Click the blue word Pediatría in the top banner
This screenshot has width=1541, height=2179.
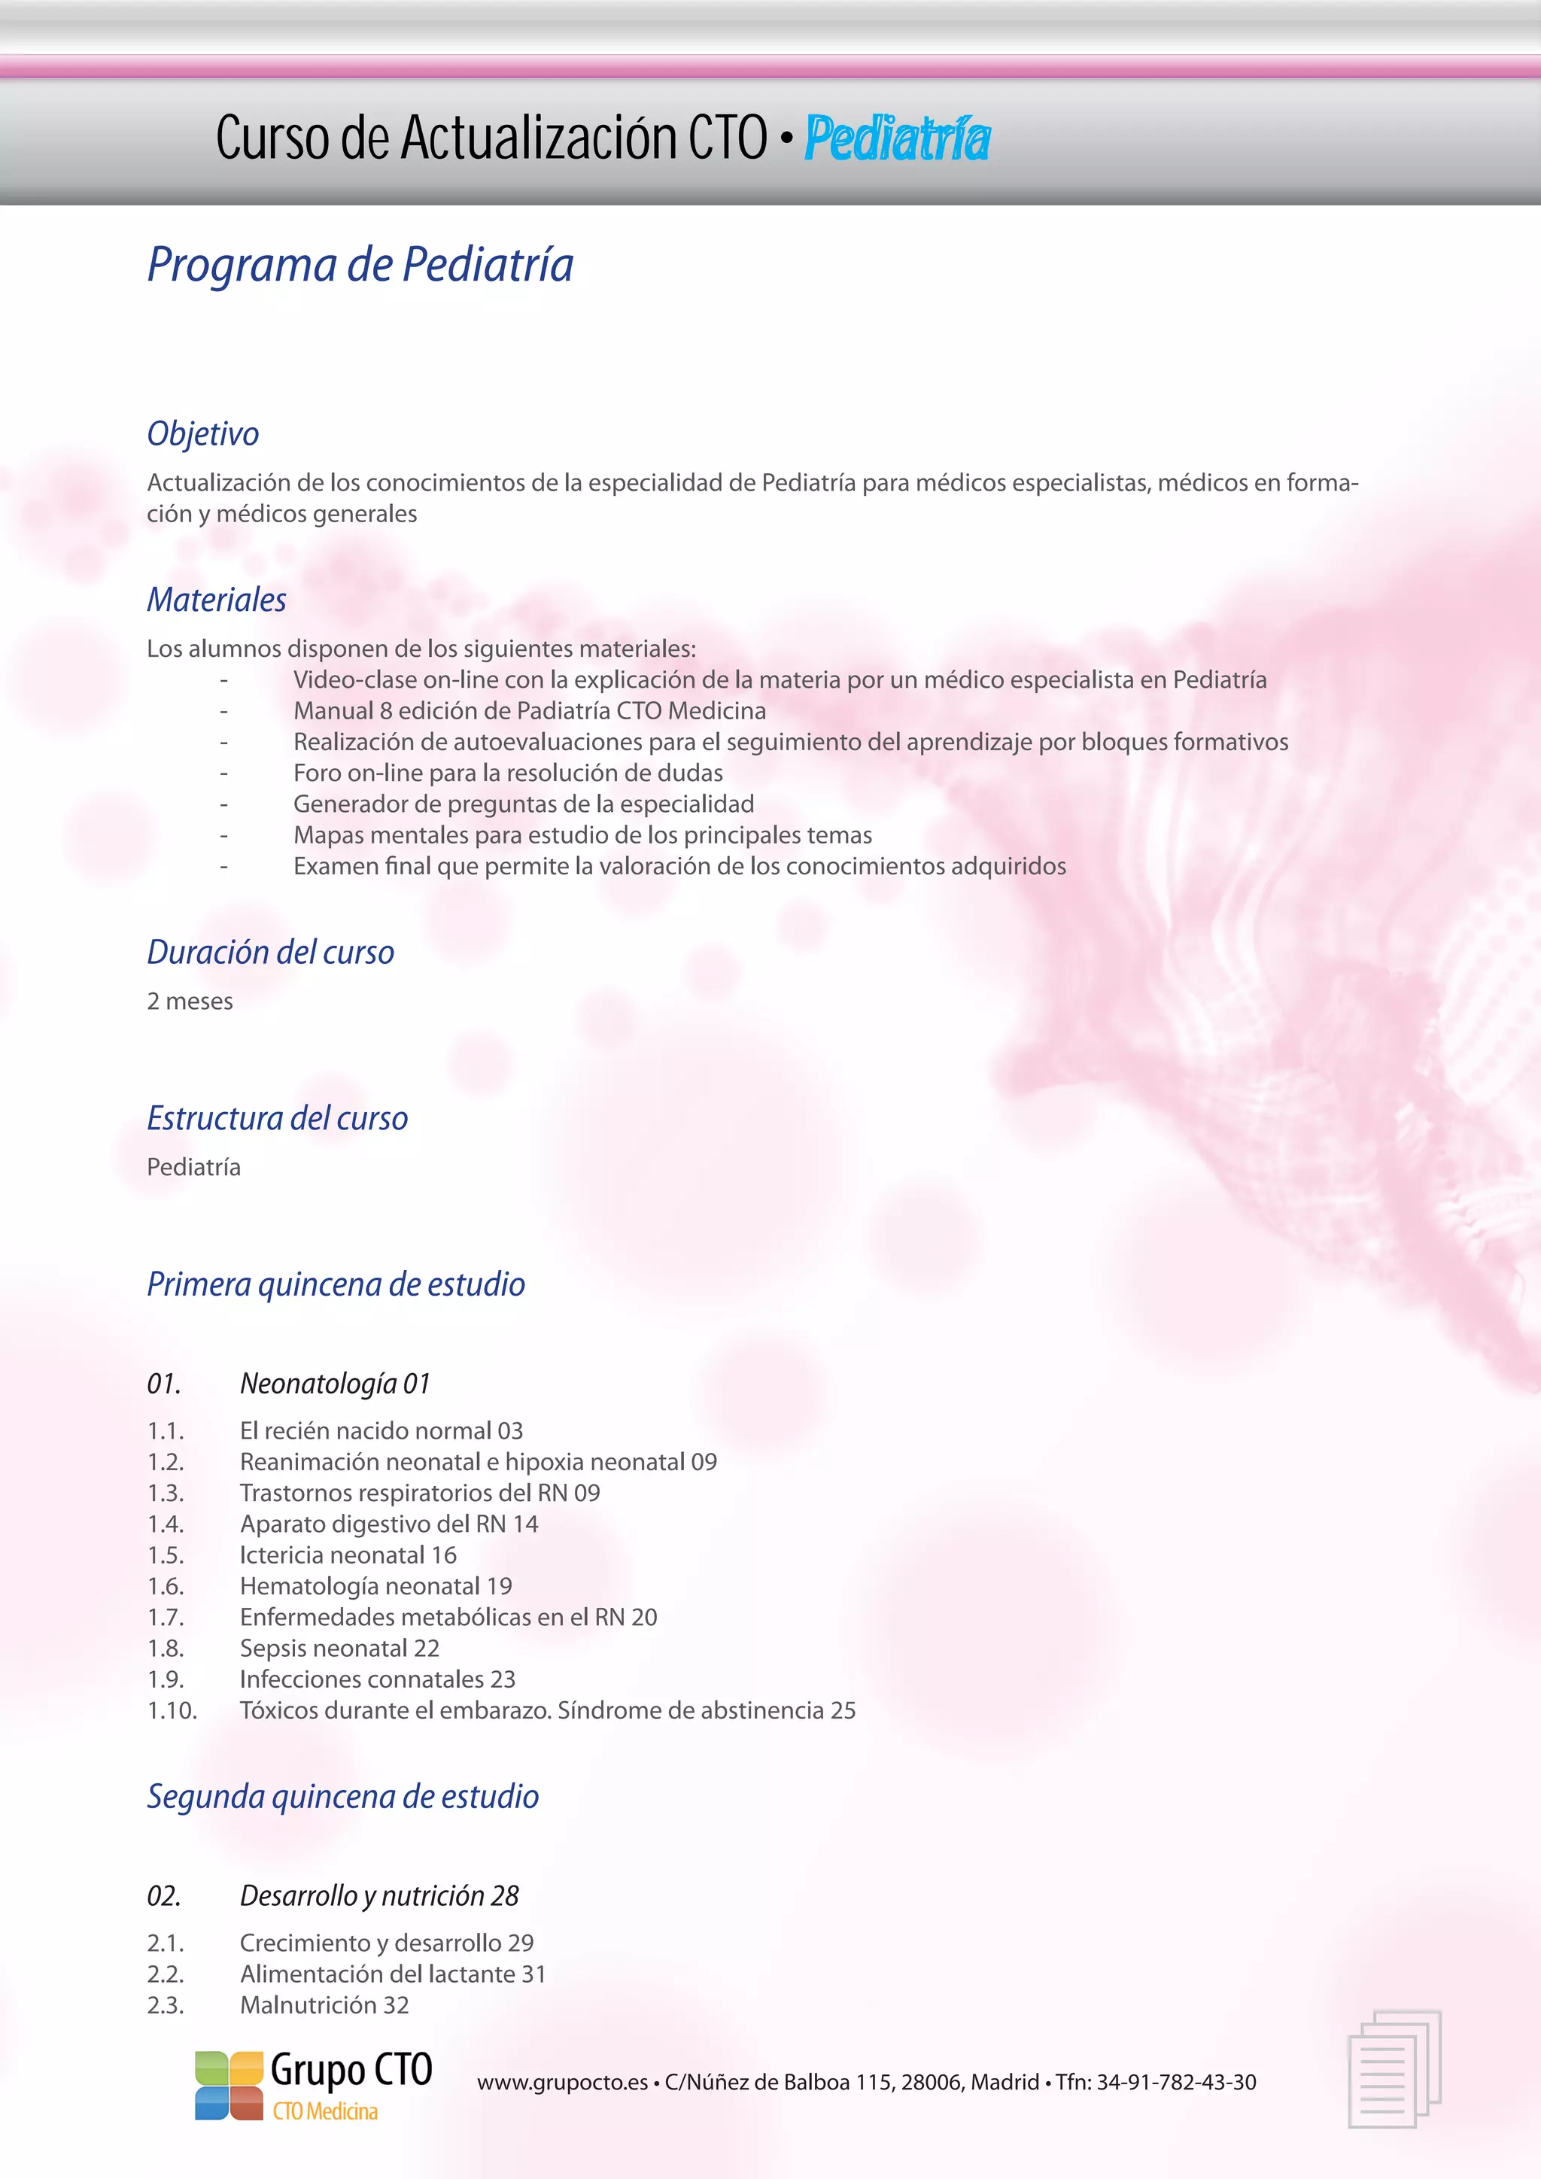click(x=897, y=138)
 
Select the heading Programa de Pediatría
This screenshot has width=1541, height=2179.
click(x=360, y=265)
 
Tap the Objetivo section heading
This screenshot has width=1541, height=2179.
click(x=203, y=433)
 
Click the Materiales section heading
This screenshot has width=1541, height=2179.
click(x=217, y=600)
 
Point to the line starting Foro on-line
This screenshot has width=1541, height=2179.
click(x=508, y=773)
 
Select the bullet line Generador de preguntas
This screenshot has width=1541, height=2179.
click(x=523, y=804)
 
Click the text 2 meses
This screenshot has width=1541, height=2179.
click(x=190, y=1001)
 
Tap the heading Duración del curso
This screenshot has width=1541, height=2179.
click(x=270, y=952)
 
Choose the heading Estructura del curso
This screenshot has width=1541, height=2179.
click(x=277, y=1118)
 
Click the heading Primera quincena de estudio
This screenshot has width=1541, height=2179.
click(x=336, y=1284)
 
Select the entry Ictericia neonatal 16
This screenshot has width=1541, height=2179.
click(x=348, y=1554)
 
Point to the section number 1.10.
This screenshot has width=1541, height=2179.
click(x=172, y=1710)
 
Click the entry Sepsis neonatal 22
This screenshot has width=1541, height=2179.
click(x=339, y=1648)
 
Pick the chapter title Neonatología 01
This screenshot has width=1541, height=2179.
click(x=335, y=1384)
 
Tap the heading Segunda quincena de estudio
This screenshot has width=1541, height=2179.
click(x=342, y=1797)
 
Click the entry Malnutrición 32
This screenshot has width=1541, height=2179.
click(x=324, y=2005)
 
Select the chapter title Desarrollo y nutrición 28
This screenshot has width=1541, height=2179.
click(x=379, y=1895)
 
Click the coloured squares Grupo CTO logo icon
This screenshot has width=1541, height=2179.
click(x=229, y=2086)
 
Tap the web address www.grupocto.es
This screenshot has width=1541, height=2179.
click(x=562, y=2082)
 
